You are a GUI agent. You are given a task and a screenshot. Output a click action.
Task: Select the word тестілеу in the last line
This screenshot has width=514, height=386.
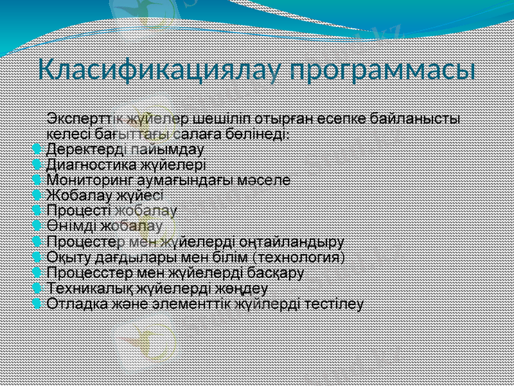coord(337,303)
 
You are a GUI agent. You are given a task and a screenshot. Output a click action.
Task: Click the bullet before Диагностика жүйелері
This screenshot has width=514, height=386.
coord(37,165)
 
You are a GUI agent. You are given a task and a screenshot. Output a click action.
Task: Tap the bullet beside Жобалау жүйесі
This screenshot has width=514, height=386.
coord(37,196)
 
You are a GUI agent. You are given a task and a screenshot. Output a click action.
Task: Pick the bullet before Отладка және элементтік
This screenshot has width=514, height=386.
coord(37,303)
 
